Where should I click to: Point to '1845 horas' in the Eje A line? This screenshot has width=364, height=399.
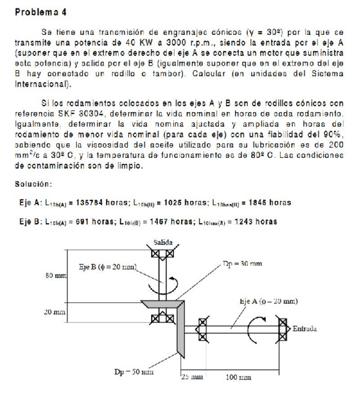pyautogui.click(x=271, y=203)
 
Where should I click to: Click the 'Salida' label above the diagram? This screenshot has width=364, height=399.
pyautogui.click(x=163, y=243)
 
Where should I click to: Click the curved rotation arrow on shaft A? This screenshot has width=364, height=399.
pyautogui.click(x=253, y=325)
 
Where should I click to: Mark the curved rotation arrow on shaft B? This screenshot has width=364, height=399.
pyautogui.click(x=162, y=284)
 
